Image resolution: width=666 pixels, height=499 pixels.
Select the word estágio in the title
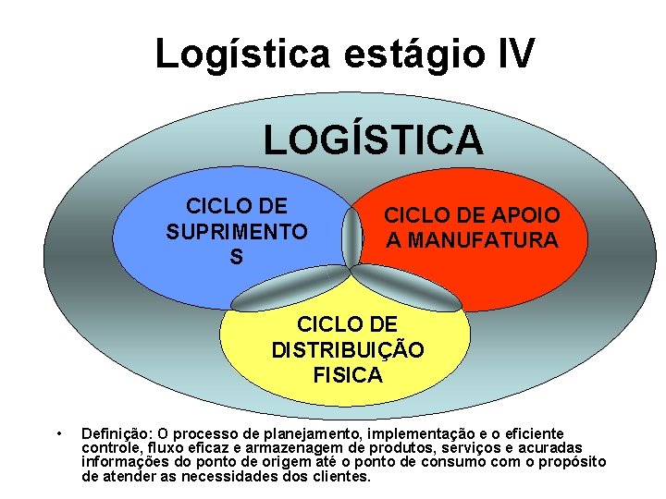pos(401,54)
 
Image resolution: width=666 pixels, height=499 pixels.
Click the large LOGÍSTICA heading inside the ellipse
pos(373,140)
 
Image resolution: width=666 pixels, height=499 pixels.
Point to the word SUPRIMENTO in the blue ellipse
pos(238,231)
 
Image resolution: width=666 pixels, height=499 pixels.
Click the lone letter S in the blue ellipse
pos(237,257)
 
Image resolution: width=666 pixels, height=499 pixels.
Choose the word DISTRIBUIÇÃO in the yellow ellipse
pos(348,350)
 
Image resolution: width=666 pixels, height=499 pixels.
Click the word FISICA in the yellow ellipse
pos(348,375)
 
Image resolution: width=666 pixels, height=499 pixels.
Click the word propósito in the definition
pos(574,462)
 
